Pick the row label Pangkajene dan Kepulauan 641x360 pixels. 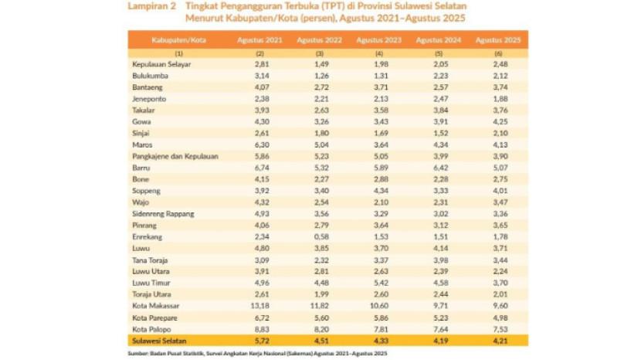pyautogui.click(x=175, y=156)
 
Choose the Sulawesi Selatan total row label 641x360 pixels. pyautogui.click(x=159, y=340)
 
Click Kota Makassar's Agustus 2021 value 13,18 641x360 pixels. pyautogui.click(x=260, y=306)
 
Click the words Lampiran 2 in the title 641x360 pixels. pyautogui.click(x=151, y=6)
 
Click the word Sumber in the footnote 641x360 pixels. pyautogui.click(x=139, y=353)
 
